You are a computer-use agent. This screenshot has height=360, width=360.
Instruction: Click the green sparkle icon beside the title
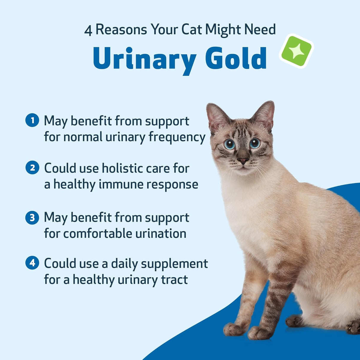click(296, 51)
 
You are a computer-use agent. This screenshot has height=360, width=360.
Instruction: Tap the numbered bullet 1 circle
click(32, 120)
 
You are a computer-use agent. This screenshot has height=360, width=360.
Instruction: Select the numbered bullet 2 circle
click(32, 168)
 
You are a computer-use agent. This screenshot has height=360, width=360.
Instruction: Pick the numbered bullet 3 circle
click(32, 217)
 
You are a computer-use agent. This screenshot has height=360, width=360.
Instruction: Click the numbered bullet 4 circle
click(32, 263)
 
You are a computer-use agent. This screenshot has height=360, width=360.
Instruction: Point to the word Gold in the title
click(236, 58)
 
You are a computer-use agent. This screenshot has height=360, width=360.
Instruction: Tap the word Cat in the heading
click(192, 30)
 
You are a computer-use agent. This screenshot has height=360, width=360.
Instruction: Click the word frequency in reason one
click(177, 137)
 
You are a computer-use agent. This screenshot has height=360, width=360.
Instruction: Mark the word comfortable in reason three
click(98, 234)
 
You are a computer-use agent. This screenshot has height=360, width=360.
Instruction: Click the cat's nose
click(243, 161)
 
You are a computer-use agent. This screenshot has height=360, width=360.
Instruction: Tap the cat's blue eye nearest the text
click(229, 144)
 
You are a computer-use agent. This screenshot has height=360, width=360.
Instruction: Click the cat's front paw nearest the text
click(234, 329)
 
